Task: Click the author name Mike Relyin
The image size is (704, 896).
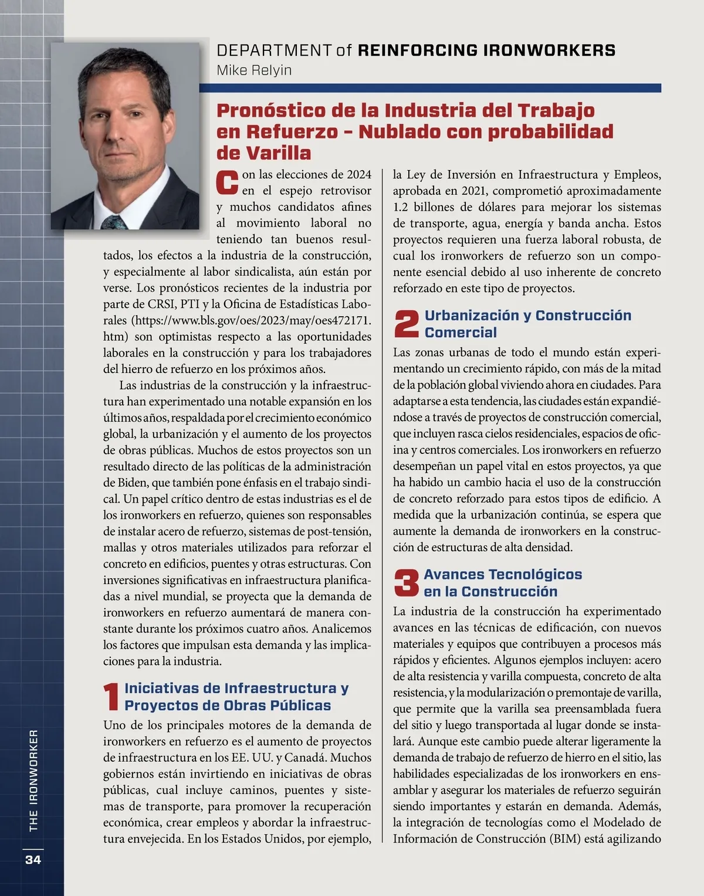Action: click(254, 70)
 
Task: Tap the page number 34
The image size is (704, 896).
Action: click(33, 860)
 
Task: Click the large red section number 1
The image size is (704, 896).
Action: click(111, 697)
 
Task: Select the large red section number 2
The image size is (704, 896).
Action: click(406, 324)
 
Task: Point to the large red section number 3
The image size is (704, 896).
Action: click(406, 583)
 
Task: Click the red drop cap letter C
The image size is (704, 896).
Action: click(227, 182)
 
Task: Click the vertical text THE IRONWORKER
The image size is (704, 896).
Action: click(33, 780)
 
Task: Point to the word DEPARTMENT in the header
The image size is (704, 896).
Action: click(274, 50)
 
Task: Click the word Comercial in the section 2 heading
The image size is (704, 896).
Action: click(461, 332)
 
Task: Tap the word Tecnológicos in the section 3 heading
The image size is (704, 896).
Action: click(535, 574)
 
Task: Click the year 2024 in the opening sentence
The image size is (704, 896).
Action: click(359, 175)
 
